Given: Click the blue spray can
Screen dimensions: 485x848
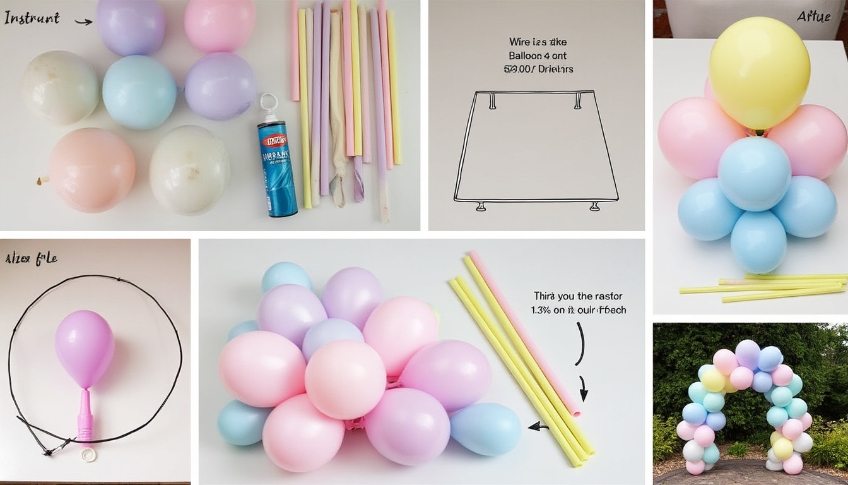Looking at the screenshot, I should [277, 169].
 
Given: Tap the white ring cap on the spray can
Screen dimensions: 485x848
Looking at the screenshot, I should [269, 102].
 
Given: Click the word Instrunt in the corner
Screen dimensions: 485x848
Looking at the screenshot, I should [31, 18].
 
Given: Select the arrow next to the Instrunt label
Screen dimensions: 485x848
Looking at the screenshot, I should [83, 21].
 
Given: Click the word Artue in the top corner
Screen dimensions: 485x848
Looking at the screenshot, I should [813, 17].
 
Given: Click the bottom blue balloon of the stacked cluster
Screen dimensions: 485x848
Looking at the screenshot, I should [758, 242].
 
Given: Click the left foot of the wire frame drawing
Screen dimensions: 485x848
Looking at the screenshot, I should [481, 206].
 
